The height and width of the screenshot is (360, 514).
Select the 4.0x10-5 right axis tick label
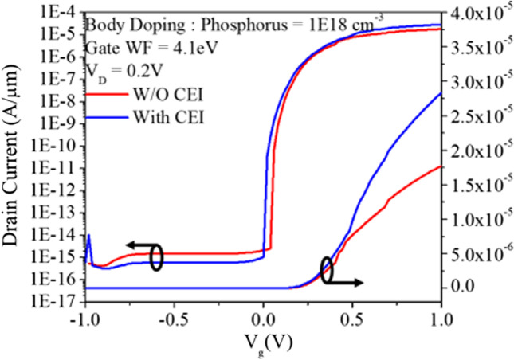click(476, 13)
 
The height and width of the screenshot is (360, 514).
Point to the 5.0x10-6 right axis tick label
click(476, 253)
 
